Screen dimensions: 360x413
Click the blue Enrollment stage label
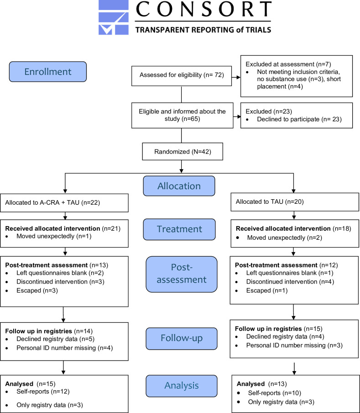pos(48,72)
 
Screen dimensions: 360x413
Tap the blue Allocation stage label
pos(179,186)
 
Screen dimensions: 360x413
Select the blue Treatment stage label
pos(179,229)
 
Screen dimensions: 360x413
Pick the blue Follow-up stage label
pos(182,338)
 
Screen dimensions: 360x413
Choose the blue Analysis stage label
pos(182,386)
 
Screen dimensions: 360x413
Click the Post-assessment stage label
pos(182,274)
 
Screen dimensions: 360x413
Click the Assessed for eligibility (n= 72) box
pos(182,76)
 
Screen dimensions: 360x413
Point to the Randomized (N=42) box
pos(183,151)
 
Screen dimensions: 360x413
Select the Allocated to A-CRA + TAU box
pos(64,203)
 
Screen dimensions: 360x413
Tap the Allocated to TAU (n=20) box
pos(295,202)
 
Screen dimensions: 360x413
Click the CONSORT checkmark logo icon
pos(114,17)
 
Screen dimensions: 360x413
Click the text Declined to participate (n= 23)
pos(299,119)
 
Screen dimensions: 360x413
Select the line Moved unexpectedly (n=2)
pos(285,237)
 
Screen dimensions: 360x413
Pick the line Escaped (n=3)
pos(37,290)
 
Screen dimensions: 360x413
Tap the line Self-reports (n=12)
pos(43,392)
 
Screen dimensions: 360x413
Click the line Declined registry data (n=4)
pos(285,336)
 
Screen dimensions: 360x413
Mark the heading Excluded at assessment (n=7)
pos(288,64)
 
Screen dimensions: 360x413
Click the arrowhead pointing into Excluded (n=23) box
pos(239,117)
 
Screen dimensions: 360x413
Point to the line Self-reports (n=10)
pos(275,393)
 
